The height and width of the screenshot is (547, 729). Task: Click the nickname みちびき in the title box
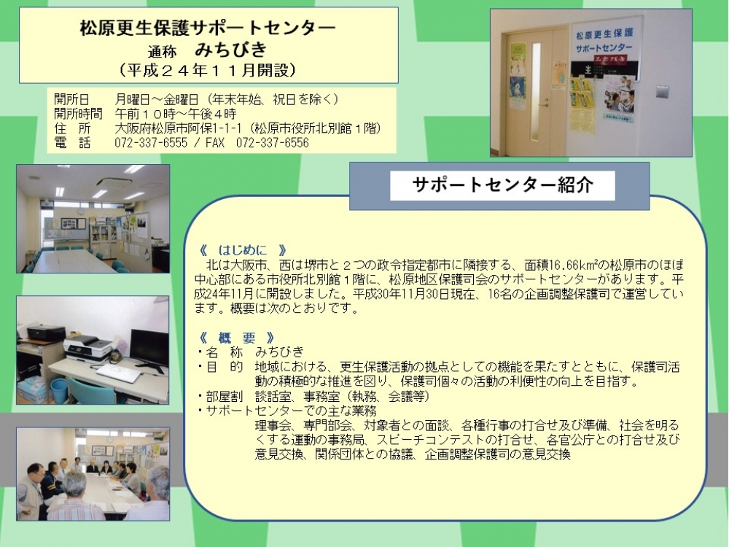231,49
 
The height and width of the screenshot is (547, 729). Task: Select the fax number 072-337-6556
272,143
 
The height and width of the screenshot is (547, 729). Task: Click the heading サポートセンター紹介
502,185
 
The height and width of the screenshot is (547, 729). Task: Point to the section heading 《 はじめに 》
243,251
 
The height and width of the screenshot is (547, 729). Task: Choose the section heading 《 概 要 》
237,338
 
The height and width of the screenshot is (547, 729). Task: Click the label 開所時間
78,114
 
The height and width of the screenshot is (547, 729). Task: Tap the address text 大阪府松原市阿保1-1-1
178,128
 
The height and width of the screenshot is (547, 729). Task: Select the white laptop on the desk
119,372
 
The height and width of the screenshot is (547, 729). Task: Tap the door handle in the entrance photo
543,106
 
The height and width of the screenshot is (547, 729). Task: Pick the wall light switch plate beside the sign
662,92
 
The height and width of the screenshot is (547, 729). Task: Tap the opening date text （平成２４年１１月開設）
208,70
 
